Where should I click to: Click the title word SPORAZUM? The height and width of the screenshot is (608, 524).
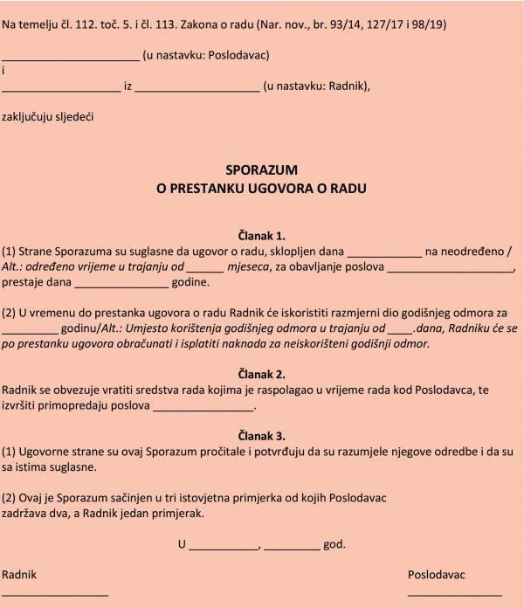[261, 169]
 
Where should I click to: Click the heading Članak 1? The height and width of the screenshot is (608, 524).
[261, 236]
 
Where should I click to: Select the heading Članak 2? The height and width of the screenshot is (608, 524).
[261, 374]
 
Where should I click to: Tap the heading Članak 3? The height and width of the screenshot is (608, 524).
[261, 435]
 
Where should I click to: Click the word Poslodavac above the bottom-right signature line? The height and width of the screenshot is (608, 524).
[437, 575]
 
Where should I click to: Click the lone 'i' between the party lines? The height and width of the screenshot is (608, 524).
[3, 71]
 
